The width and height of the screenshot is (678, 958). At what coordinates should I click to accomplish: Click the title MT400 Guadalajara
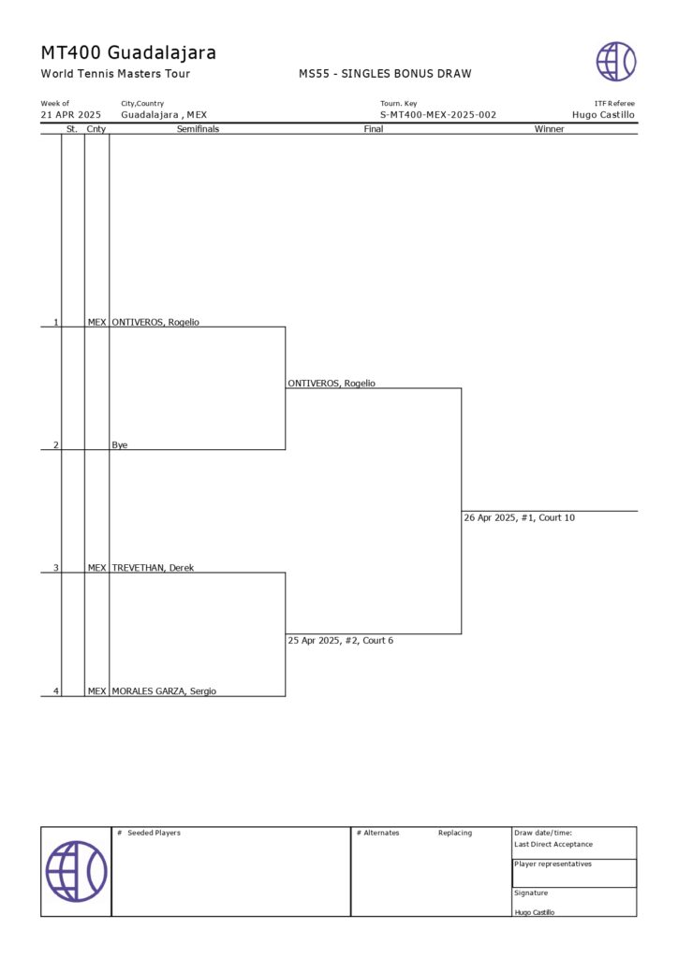coord(128,52)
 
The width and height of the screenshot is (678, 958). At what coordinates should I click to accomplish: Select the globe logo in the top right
coord(616,62)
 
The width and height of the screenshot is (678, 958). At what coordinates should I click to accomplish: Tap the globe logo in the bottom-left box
coord(76,871)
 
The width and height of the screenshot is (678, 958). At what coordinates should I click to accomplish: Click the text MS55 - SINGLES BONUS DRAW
coord(385,74)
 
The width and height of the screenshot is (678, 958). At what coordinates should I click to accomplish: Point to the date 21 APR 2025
coord(70,115)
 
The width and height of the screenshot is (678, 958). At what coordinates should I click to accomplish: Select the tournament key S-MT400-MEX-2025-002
coord(438,115)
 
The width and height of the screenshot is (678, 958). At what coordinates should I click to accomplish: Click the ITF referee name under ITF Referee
coord(603,115)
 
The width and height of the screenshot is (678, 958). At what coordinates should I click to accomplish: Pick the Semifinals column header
coord(198,129)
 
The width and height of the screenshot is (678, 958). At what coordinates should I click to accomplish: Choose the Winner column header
coord(549,129)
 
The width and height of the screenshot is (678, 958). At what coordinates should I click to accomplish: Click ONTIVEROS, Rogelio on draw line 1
coord(155,323)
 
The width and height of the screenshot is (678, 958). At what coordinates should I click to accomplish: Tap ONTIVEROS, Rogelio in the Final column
coord(332,384)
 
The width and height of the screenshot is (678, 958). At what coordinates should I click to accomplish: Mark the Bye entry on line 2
coord(119,445)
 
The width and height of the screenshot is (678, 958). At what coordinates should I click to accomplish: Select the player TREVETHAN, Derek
coord(153,568)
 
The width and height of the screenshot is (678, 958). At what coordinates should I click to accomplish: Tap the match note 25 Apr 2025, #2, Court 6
coord(346,641)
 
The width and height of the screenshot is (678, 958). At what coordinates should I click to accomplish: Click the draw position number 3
coord(55,568)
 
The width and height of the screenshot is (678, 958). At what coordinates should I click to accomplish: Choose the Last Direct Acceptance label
coord(553,844)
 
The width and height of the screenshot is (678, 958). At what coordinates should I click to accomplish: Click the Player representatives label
coord(553,864)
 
